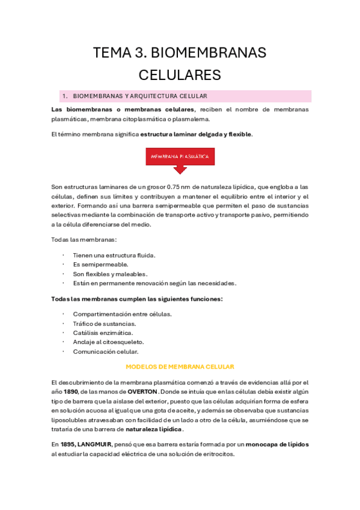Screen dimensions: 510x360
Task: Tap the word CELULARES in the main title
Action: pos(180,75)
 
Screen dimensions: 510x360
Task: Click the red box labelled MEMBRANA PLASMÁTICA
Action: pos(180,156)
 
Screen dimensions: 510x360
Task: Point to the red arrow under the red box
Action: pos(180,169)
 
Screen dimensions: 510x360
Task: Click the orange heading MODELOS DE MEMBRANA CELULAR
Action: pos(180,366)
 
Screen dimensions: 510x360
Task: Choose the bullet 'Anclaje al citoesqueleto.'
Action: pos(108,342)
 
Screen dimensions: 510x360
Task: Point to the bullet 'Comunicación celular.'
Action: pos(105,352)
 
